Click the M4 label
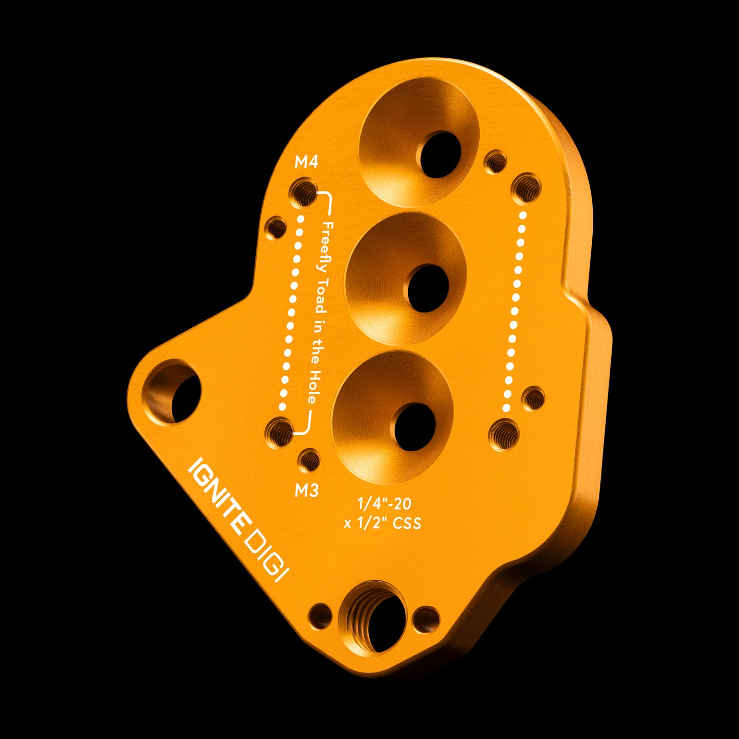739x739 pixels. pos(306,162)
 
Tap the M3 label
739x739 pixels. pos(306,490)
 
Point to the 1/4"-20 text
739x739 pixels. pos(384,504)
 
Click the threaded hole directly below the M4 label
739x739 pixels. pos(303,192)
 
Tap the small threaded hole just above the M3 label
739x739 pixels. pos(309,460)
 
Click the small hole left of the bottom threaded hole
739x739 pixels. pos(320,616)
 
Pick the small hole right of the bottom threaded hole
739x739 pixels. pos(426,618)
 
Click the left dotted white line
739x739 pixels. pos(290,312)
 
